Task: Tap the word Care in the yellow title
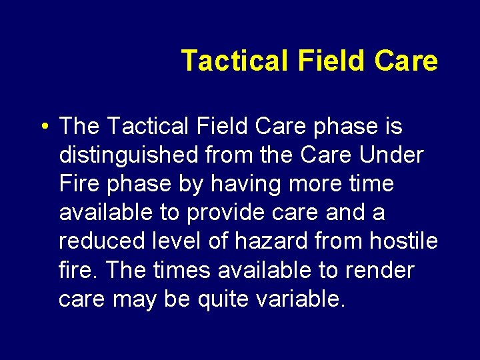tap(406, 61)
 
